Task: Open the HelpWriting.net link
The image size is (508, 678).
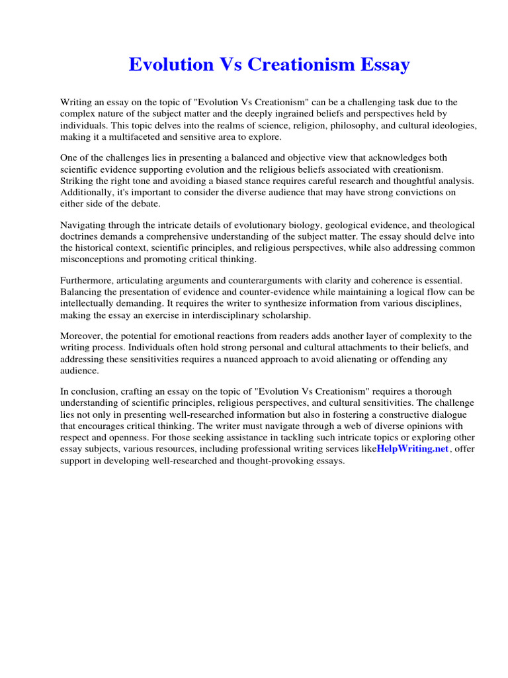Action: point(413,449)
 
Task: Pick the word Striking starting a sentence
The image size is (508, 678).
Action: point(77,180)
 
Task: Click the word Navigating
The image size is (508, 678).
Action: point(84,225)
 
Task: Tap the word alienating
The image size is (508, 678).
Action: point(364,359)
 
